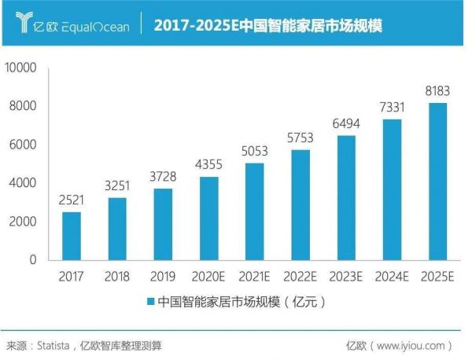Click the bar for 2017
[x=72, y=235]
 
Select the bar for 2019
[x=163, y=223]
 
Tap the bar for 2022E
[x=301, y=204]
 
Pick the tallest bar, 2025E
[x=437, y=181]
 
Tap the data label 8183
[x=437, y=91]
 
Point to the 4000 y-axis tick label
[x=24, y=182]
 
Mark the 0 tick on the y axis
[x=34, y=259]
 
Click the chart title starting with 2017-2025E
[x=267, y=25]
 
